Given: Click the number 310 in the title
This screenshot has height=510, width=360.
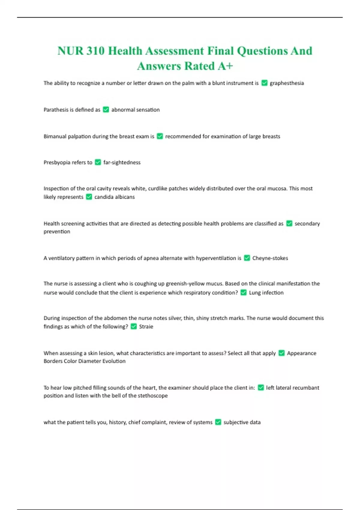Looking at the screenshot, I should click(x=95, y=51).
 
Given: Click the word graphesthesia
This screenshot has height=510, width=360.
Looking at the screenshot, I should click(x=286, y=83).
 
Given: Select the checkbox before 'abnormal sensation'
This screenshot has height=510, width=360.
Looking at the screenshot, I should click(x=106, y=109).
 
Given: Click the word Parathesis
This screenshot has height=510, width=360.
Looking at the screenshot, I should click(x=56, y=110).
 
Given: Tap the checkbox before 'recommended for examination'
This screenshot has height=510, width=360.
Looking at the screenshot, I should click(x=160, y=136).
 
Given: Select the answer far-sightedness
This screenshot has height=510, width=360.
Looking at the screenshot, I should click(x=122, y=163).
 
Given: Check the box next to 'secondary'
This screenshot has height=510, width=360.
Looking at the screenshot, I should click(x=289, y=223).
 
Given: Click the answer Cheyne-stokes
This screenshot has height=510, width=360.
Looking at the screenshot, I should click(x=270, y=258).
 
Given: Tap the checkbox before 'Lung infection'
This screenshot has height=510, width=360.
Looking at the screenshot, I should click(x=244, y=292).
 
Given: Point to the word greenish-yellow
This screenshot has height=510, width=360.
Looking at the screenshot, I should click(x=185, y=284).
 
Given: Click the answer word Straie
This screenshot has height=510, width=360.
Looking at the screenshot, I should click(x=146, y=327).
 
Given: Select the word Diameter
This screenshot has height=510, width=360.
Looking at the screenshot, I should click(x=89, y=361).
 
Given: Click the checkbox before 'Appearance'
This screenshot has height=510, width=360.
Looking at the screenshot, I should click(x=281, y=353).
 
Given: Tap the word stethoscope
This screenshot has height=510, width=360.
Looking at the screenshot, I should click(x=152, y=396).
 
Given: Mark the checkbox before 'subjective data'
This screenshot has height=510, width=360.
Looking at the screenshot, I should click(x=218, y=422).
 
